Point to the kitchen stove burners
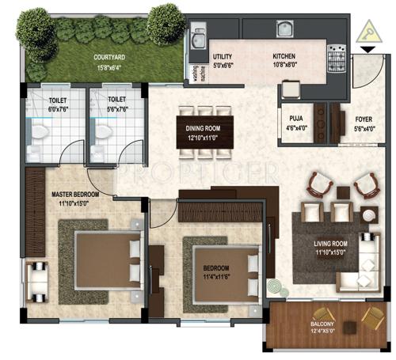point(336,59)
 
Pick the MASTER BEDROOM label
point(75,193)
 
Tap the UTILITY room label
point(222,58)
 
